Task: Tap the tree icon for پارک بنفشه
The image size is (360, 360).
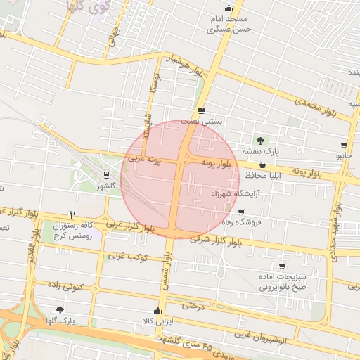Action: click(262, 141)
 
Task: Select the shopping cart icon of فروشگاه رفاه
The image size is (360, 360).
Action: click(242, 212)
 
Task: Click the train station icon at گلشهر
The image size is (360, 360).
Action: click(106, 175)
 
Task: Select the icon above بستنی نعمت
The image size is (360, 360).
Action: click(202, 110)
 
